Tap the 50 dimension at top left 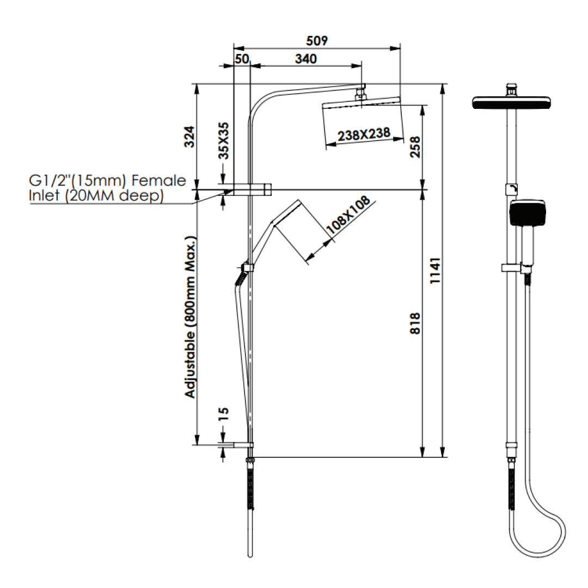(242, 59)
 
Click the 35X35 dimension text (224, 140)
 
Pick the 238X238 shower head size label (364, 134)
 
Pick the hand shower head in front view (527, 213)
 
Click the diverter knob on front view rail (512, 189)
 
